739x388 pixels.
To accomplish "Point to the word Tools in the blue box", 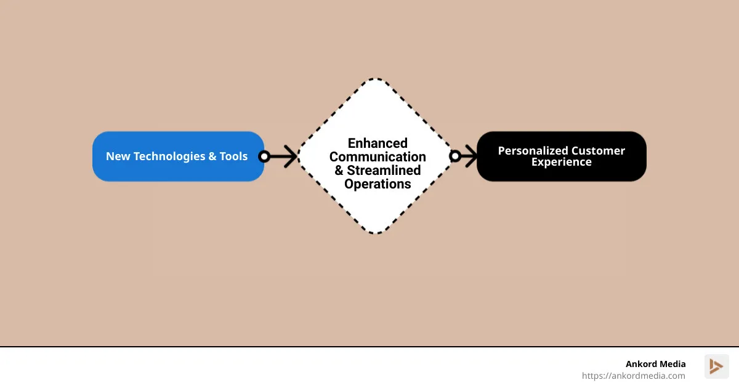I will tap(233, 156).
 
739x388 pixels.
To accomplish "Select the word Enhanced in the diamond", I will tap(378, 143).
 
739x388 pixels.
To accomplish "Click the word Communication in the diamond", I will tap(378, 157).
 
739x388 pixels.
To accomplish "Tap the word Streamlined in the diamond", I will tap(384, 171).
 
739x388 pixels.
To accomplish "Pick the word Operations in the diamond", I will tap(378, 184).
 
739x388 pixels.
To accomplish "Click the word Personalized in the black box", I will tap(533, 151).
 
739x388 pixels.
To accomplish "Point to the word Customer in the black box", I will tap(598, 151).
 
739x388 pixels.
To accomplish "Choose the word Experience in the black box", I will tap(561, 163).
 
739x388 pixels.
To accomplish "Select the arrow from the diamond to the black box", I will tap(469, 156).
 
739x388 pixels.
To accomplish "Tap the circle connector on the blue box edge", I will tap(264, 156).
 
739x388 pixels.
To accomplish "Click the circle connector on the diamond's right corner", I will tap(455, 156).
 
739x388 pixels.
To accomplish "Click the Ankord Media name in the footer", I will tap(655, 364).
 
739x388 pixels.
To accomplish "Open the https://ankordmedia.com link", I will tap(633, 376).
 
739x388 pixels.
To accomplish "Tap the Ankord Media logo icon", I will tap(716, 366).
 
